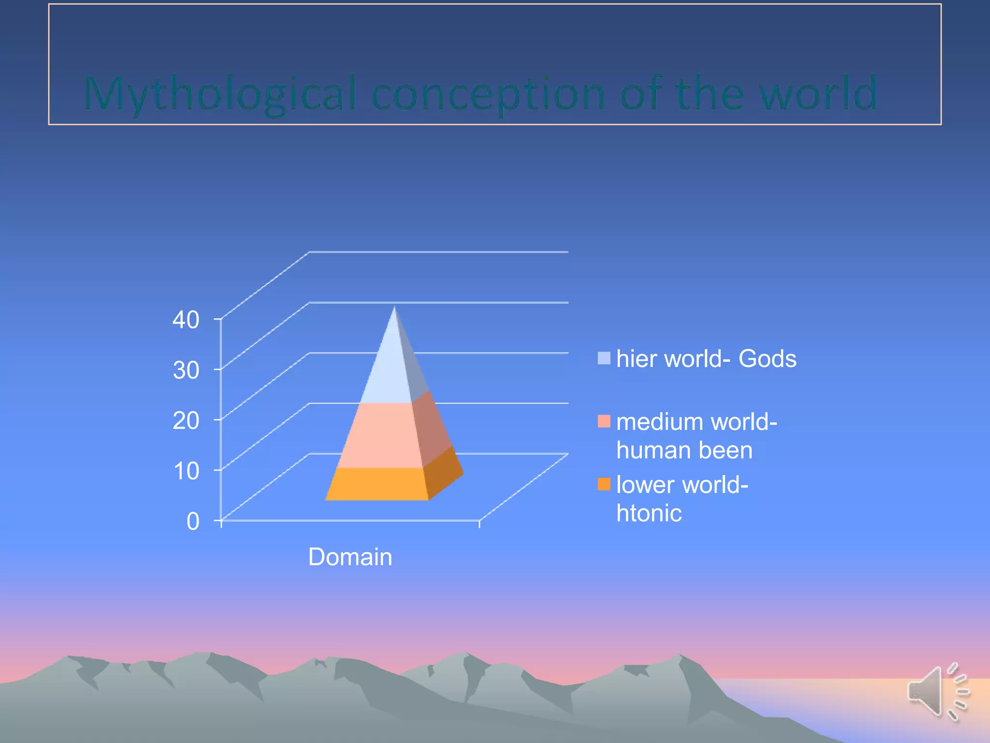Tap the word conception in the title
click(488, 94)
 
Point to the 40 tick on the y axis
click(186, 320)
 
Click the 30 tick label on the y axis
click(186, 371)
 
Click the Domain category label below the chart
click(350, 557)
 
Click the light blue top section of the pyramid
click(389, 372)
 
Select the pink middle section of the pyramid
click(379, 435)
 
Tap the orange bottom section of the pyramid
click(377, 484)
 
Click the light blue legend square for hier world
click(604, 358)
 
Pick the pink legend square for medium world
click(604, 421)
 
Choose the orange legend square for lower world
click(604, 484)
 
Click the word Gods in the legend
click(767, 359)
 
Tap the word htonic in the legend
click(649, 513)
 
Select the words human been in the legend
click(684, 450)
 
